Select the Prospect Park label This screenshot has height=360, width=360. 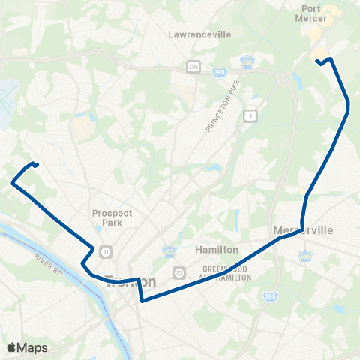pos(112,217)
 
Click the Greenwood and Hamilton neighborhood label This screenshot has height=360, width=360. pos(226,272)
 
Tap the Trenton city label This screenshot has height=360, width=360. pos(131,282)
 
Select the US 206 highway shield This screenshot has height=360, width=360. pos(193,67)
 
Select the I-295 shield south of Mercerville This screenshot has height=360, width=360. pos(271,297)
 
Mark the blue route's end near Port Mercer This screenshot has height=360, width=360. pos(317,61)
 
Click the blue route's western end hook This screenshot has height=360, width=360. pos(35,164)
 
